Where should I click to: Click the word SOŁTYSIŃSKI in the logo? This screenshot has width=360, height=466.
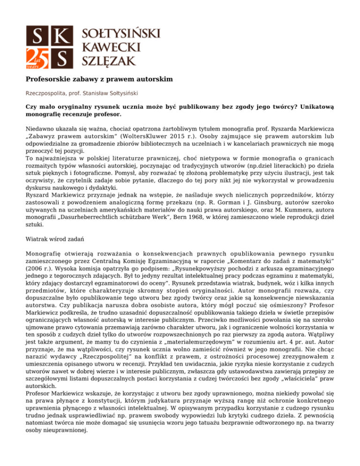click(x=121, y=33)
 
